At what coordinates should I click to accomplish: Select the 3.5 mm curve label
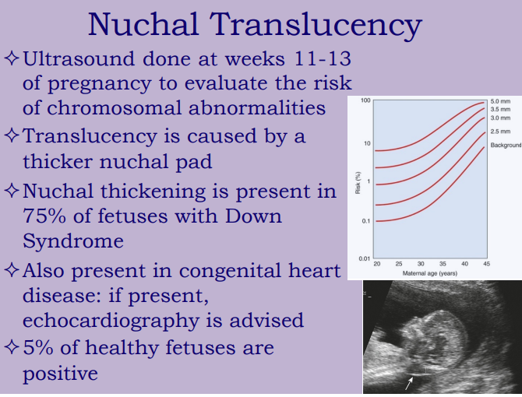point(500,110)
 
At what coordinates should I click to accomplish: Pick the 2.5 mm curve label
point(500,132)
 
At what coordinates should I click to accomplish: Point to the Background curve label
point(506,146)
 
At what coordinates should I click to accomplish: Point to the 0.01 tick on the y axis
point(364,258)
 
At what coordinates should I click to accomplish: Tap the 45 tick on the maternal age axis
point(486,265)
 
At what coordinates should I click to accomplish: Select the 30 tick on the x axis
point(421,265)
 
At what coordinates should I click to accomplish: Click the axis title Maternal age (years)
point(431,273)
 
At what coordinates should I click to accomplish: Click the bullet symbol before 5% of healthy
point(12,347)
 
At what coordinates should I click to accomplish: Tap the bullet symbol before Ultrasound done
point(12,58)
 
